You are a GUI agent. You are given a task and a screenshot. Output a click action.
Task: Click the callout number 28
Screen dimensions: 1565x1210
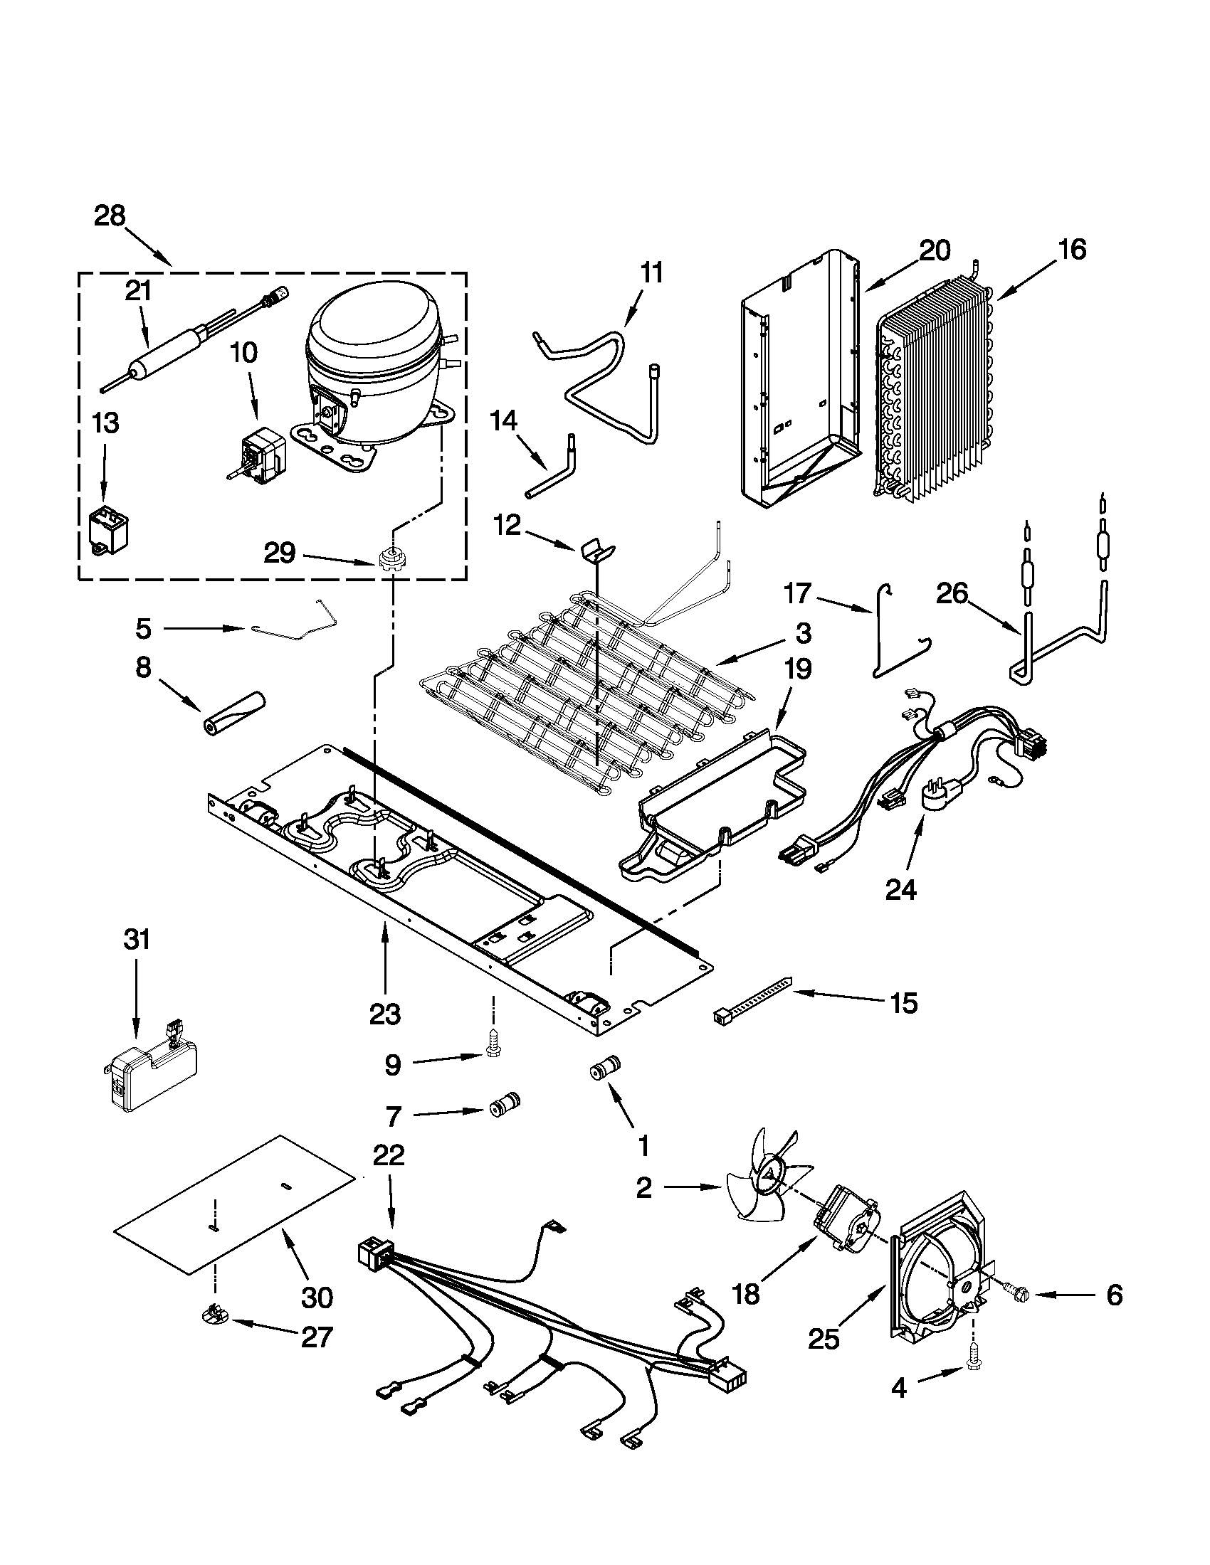pos(110,216)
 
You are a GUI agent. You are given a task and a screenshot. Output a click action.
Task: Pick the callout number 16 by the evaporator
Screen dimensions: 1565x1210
pos(1072,249)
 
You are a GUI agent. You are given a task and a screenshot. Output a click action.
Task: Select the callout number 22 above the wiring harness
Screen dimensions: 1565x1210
pos(389,1155)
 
